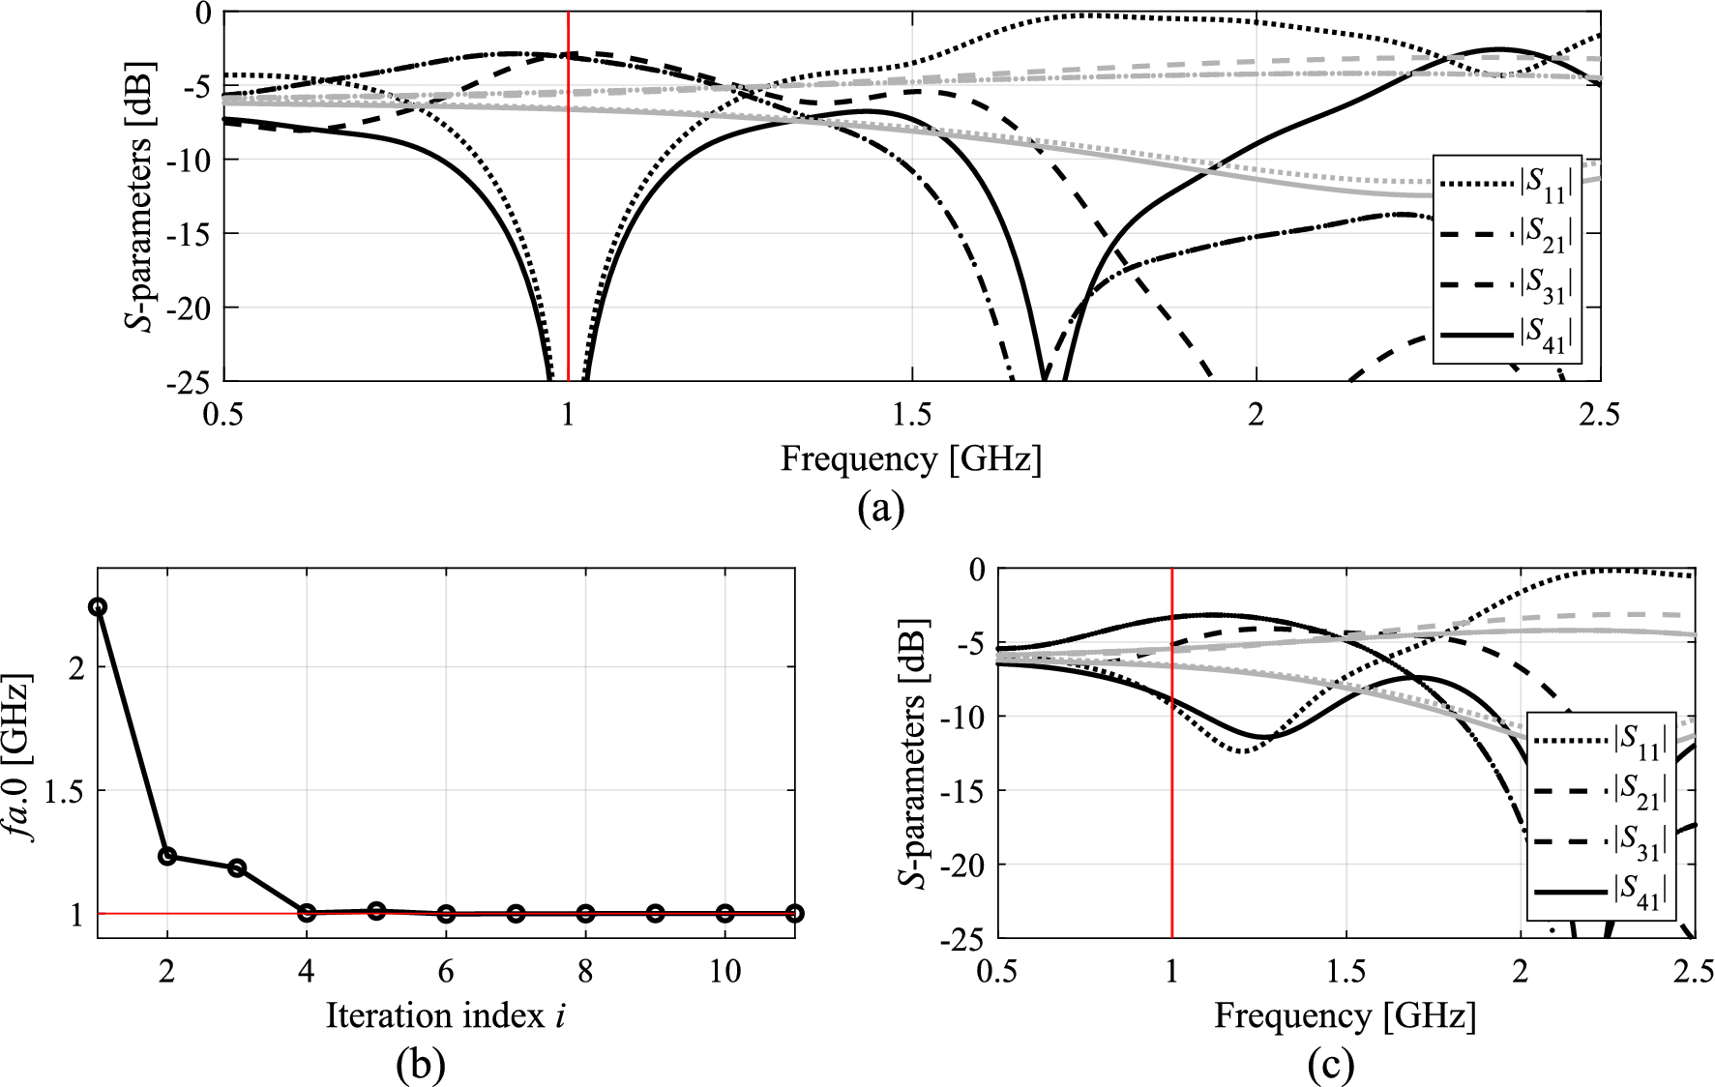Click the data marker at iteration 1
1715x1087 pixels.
point(98,607)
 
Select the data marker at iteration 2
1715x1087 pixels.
point(167,856)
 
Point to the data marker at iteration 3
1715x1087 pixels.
point(237,867)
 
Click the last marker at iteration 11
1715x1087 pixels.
point(794,913)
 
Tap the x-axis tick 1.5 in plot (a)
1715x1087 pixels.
point(911,414)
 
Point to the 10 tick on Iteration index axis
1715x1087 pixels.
point(724,971)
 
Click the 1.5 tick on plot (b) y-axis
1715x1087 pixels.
point(63,791)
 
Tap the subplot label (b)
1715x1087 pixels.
point(421,1064)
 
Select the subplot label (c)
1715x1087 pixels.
point(1331,1064)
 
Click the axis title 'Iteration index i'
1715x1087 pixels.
point(446,1015)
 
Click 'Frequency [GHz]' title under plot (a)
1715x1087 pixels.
point(910,457)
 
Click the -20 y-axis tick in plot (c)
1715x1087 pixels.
point(962,865)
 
